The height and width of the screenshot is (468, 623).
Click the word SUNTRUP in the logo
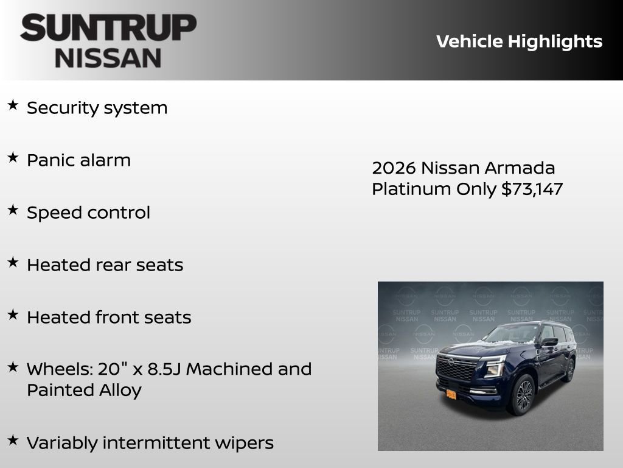click(108, 28)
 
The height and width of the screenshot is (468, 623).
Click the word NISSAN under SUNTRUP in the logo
click(108, 58)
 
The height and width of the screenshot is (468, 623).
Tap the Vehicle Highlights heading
click(519, 41)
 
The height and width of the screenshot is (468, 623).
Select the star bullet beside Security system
click(13, 105)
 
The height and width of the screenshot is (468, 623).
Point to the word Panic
click(49, 160)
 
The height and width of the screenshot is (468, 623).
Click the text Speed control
click(88, 213)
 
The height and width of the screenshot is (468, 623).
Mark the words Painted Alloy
click(84, 390)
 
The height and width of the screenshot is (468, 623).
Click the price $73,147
click(532, 189)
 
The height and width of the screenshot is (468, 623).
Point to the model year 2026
click(394, 168)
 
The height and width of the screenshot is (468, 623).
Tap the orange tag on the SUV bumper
click(451, 394)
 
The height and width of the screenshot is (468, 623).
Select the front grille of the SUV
click(457, 369)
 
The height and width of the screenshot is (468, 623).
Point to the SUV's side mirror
click(549, 342)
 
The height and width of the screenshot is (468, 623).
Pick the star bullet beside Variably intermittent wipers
click(13, 440)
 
